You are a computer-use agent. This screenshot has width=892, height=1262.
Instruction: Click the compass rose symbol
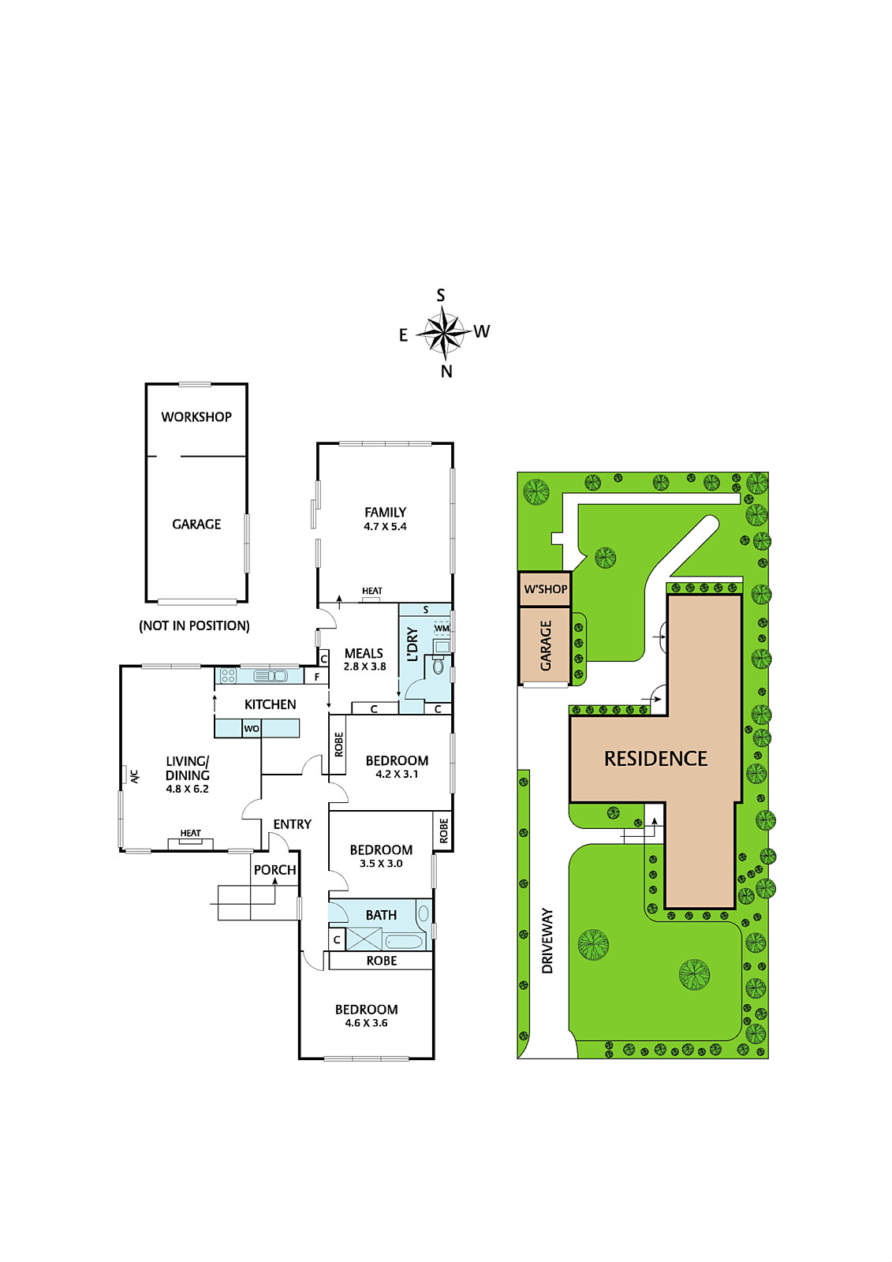(x=444, y=333)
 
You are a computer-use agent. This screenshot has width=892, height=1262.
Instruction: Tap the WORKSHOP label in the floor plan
(x=196, y=417)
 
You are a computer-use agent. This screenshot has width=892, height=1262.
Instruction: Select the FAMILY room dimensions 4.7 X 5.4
(x=385, y=526)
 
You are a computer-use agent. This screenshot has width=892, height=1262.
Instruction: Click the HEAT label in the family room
(x=372, y=591)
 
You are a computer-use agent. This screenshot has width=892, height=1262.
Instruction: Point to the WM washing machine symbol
(x=442, y=628)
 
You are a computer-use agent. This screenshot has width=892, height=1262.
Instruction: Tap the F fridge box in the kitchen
(x=317, y=676)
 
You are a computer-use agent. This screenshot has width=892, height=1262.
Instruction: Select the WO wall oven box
(x=252, y=729)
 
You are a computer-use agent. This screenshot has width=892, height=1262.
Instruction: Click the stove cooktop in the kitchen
(x=228, y=675)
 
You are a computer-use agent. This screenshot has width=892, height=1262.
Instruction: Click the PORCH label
(x=274, y=870)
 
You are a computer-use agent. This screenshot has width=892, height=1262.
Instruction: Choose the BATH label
(x=381, y=915)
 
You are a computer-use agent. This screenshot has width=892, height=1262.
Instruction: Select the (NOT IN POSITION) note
(x=194, y=625)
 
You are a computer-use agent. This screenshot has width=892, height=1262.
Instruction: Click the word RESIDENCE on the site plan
(x=655, y=758)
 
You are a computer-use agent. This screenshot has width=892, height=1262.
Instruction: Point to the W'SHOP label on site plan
(x=546, y=589)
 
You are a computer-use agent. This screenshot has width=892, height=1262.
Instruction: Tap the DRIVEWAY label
(x=547, y=941)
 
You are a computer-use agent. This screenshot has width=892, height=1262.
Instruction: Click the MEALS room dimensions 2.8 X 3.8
(x=364, y=666)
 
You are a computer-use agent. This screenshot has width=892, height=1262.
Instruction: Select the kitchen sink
(x=271, y=675)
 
